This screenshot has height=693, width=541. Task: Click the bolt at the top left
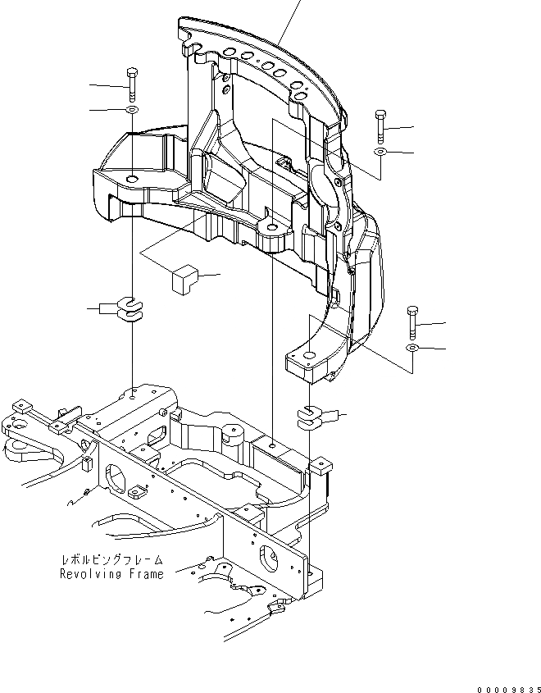point(131,85)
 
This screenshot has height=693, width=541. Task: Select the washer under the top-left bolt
point(131,109)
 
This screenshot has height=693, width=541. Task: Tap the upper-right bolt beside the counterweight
point(380,126)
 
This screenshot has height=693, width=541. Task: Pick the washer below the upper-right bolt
point(380,153)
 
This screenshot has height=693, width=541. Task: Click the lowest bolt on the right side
point(411,323)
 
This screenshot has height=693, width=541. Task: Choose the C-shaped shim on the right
point(310,417)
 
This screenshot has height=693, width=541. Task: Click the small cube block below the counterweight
point(184,278)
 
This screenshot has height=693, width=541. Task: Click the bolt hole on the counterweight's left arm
point(133,180)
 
